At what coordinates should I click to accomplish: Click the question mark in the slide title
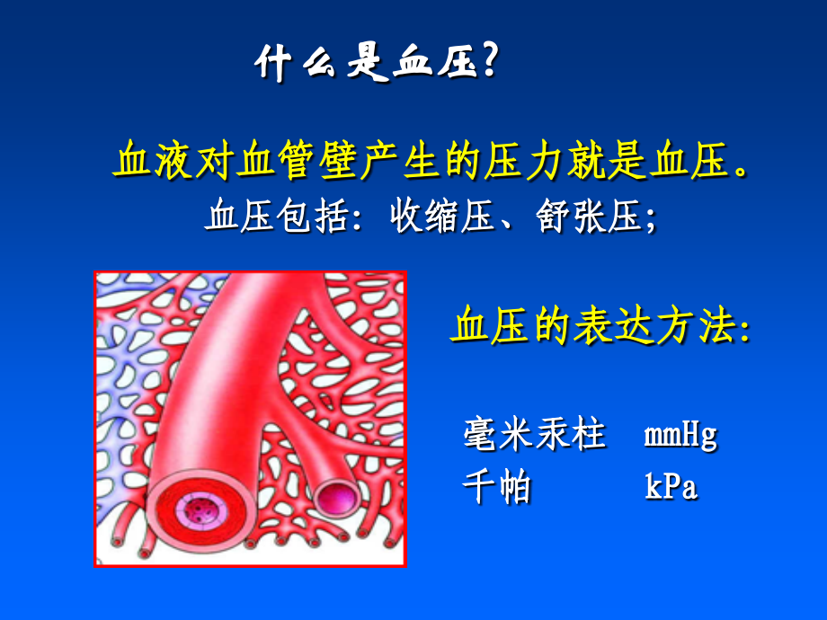(488, 64)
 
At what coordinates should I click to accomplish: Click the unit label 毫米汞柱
(534, 435)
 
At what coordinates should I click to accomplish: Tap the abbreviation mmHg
(680, 436)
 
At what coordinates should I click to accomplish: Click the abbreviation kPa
(671, 488)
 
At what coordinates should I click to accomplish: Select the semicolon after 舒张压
(650, 221)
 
